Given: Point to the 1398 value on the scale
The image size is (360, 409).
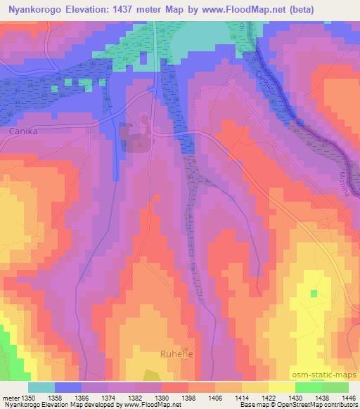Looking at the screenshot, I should click(188, 398).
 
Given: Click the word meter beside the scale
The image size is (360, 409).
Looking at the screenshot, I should click(9, 398).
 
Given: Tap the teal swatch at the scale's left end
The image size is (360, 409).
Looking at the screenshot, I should click(41, 387).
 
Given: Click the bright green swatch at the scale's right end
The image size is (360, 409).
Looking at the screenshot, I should click(335, 387).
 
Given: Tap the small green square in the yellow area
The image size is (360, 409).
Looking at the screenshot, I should click(314, 292).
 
